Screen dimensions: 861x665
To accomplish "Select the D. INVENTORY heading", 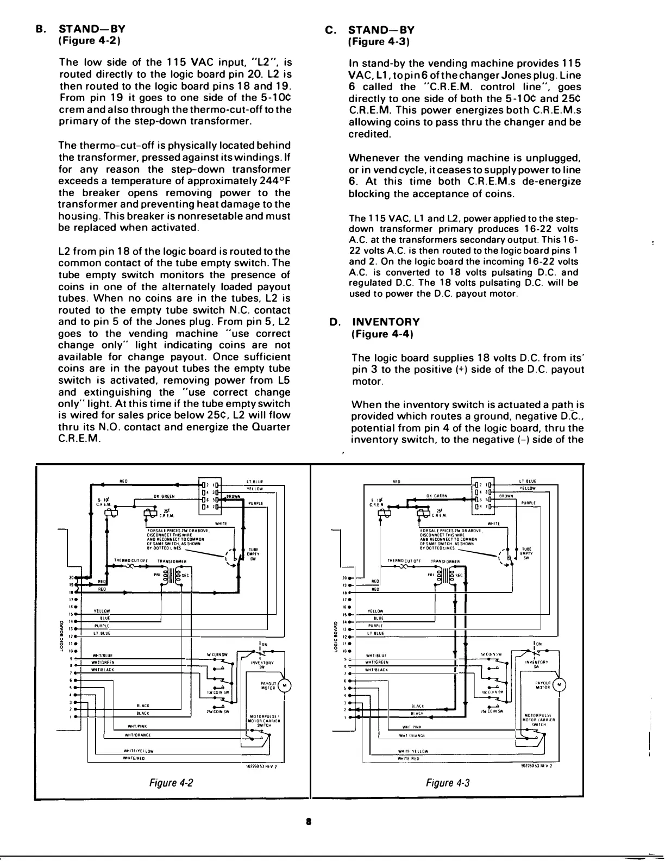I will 375,322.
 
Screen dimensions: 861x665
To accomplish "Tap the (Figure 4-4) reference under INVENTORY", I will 382,334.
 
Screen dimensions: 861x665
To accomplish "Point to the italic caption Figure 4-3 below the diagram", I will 448,783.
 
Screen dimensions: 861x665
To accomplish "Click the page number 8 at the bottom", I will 308,822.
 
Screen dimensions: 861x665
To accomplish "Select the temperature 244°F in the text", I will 271,181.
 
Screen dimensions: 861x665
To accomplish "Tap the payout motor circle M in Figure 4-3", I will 560,685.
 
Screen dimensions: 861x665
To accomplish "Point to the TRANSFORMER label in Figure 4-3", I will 446,560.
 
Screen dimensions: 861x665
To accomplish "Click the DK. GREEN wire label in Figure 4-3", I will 437,496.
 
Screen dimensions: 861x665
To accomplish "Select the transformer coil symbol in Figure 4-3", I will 444,576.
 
